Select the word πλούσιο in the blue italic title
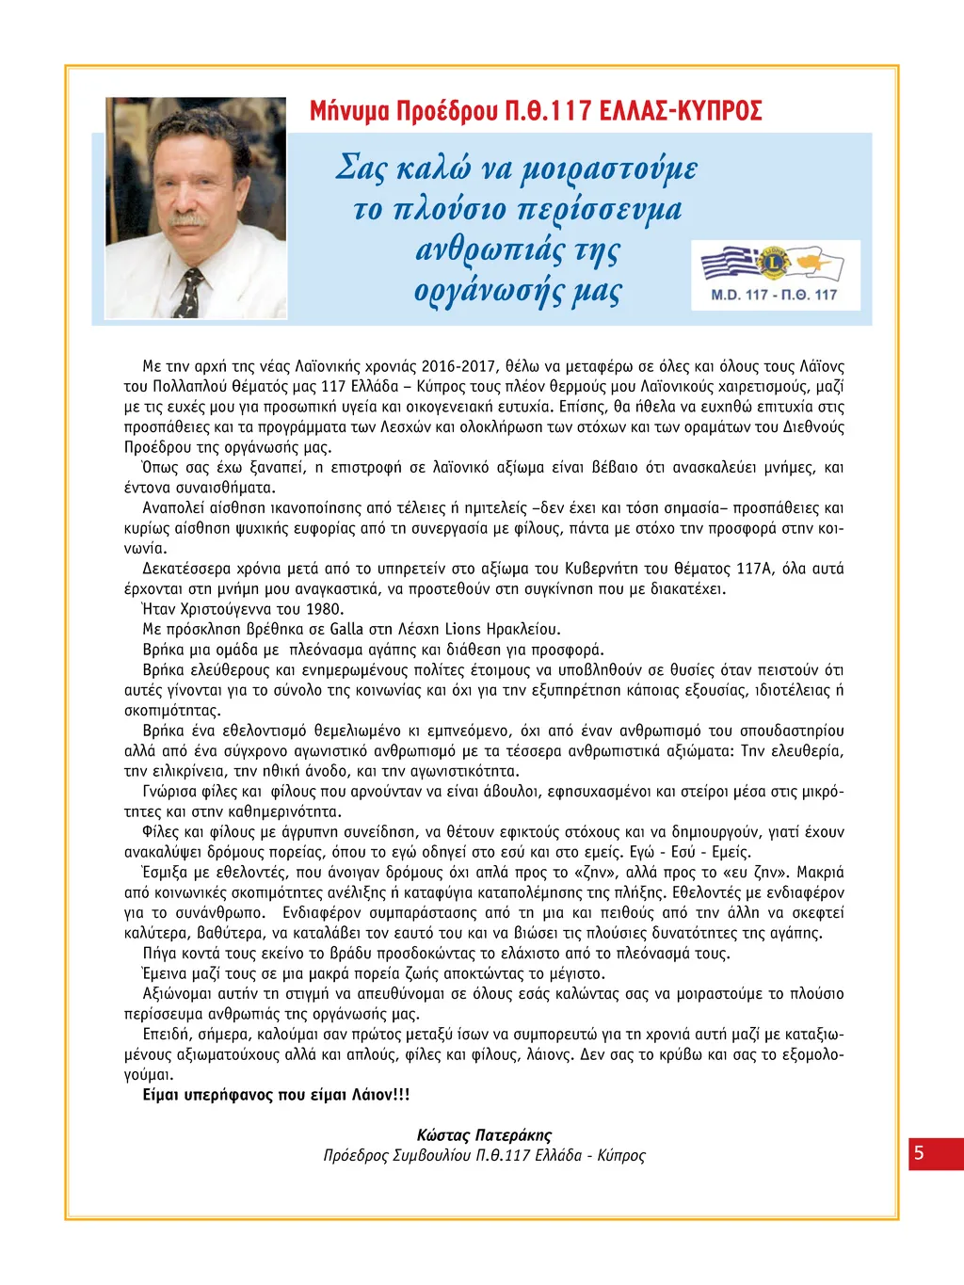click(448, 209)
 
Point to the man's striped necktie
click(189, 293)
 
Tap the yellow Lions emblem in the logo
click(774, 263)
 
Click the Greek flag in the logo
click(731, 263)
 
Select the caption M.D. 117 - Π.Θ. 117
click(774, 295)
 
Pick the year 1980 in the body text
click(325, 609)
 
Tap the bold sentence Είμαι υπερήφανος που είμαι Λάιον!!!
click(276, 1095)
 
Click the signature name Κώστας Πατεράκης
click(484, 1135)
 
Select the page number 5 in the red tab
click(919, 1153)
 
